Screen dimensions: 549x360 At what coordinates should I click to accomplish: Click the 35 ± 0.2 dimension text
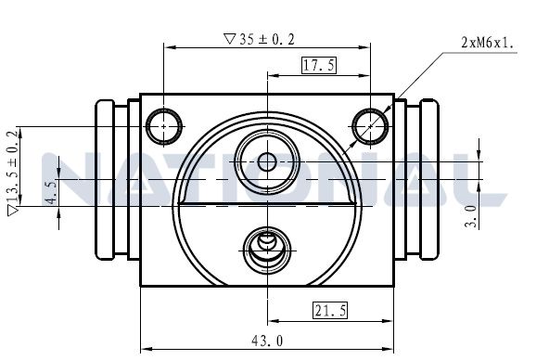[x=267, y=39]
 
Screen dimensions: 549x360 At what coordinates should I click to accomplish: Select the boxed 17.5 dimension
[x=319, y=65]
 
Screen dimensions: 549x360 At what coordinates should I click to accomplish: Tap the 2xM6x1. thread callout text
[x=488, y=43]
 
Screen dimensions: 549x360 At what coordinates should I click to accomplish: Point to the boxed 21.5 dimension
[x=330, y=310]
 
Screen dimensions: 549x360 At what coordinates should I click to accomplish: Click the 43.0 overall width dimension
[x=267, y=341]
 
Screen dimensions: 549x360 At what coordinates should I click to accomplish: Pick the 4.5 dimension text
[x=52, y=193]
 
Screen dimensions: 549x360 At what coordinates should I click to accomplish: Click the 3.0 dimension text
[x=471, y=217]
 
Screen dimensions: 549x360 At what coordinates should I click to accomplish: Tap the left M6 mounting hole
[x=164, y=126]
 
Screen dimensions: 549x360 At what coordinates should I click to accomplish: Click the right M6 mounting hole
[x=370, y=126]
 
